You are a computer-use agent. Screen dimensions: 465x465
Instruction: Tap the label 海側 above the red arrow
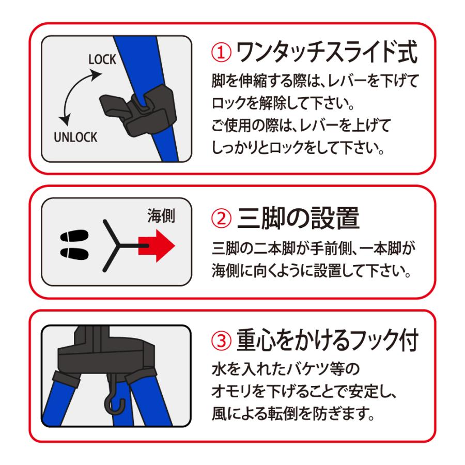161,216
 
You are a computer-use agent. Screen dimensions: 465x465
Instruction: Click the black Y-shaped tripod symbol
116,246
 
